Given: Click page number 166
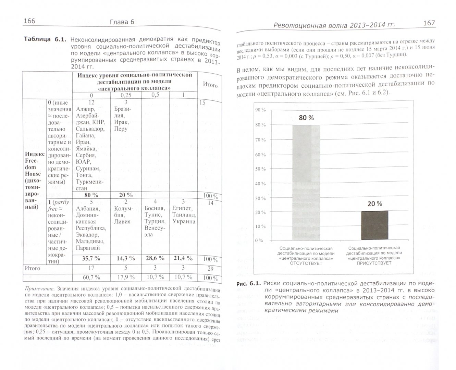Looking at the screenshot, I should [29, 22].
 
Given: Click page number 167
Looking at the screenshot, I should [429, 23].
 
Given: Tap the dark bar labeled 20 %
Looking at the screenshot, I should [375, 225].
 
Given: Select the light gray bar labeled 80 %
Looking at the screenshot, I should [306, 182].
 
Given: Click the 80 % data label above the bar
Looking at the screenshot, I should [306, 118].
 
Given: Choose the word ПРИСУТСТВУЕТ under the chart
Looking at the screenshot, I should [374, 263].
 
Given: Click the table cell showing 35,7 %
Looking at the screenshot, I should [91, 259].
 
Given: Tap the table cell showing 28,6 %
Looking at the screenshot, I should [155, 259].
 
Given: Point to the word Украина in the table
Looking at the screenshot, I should [184, 221].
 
